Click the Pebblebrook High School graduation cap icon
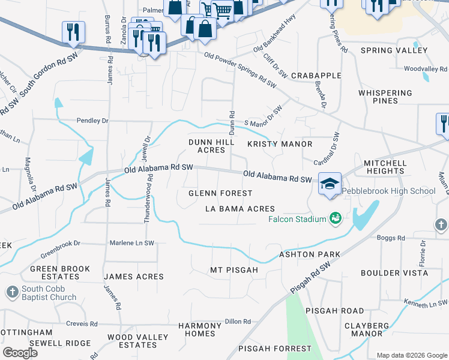tap(330, 184)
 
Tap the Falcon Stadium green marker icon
tap(336, 218)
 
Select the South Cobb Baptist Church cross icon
tap(12, 292)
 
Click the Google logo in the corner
tap(20, 353)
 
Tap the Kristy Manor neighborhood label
tap(280, 144)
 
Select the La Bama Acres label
tap(240, 209)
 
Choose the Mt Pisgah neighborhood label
tap(234, 270)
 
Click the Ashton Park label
tap(310, 255)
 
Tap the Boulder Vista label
tap(394, 273)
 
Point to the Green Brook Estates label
tap(60, 272)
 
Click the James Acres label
tap(134, 277)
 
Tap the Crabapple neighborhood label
tap(316, 76)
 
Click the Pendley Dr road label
tap(92, 121)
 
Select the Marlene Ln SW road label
tap(131, 243)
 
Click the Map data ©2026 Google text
tap(412, 355)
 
